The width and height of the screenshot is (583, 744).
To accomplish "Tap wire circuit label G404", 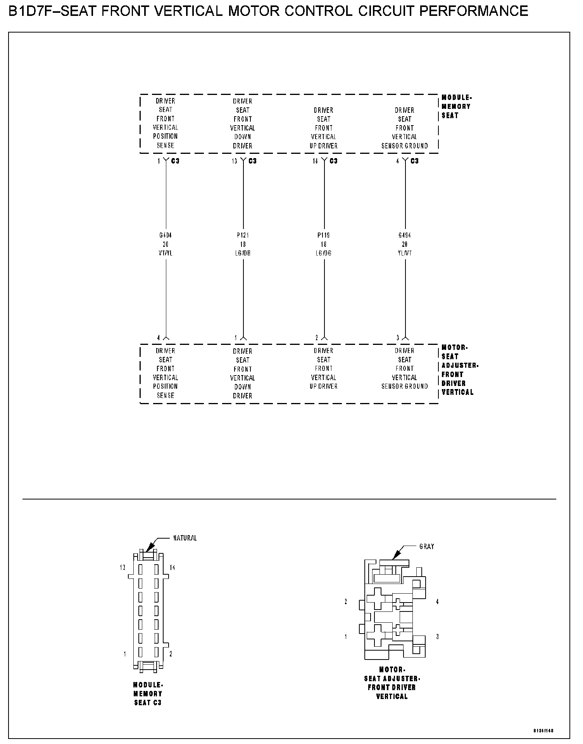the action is (x=166, y=235).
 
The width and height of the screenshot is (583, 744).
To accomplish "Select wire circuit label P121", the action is (x=243, y=235).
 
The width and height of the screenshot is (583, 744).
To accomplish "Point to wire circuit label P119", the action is (x=324, y=235).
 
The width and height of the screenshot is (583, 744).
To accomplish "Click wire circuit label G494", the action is (x=405, y=235).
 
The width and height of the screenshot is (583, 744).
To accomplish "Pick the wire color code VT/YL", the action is (x=166, y=253).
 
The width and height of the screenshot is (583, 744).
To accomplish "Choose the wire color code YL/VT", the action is (x=405, y=253).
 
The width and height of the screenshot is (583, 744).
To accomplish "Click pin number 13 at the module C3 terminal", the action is (x=235, y=161).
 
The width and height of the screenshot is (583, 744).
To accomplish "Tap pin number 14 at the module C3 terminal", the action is (x=315, y=161).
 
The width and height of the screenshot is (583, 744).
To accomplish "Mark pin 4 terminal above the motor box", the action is (x=159, y=338).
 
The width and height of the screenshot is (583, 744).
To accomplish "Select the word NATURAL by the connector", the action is (x=185, y=538).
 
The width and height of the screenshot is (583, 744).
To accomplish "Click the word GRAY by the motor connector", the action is (x=427, y=547).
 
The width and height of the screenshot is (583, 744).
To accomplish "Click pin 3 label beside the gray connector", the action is (x=438, y=637).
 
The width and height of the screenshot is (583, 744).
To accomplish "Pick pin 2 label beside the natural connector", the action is (x=171, y=654).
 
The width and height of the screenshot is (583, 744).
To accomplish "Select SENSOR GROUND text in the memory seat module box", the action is (x=405, y=146).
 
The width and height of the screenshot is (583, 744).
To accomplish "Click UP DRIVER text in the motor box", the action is (x=324, y=386).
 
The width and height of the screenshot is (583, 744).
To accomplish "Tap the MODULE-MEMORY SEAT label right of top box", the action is (x=456, y=107).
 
